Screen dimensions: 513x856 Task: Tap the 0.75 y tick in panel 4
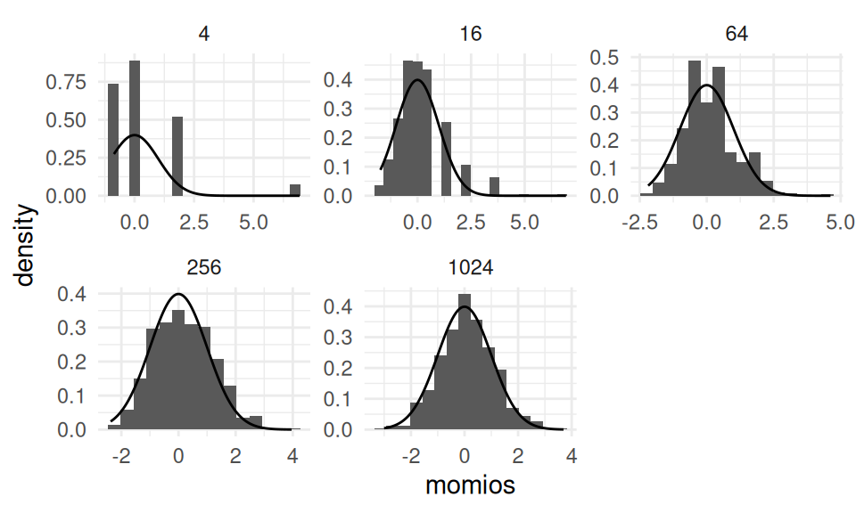(x=68, y=82)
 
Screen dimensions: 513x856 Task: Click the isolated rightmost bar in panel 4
(x=294, y=190)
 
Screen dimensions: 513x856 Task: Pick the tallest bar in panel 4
(x=135, y=128)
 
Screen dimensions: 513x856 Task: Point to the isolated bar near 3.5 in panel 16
(x=494, y=186)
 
